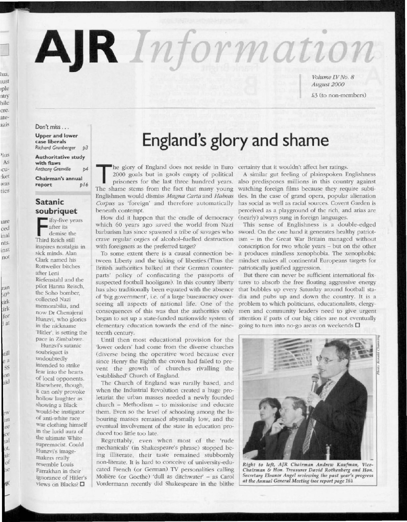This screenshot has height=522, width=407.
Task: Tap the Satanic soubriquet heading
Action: click(56, 206)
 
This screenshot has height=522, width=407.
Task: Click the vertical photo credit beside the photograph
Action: click(377, 354)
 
